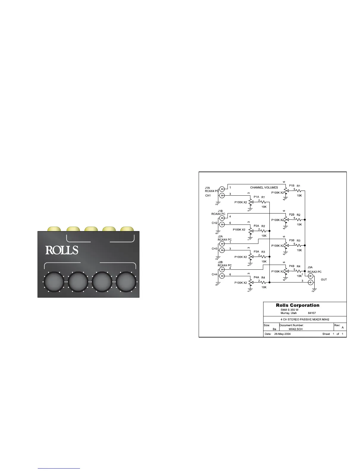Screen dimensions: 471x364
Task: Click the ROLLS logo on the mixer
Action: (62, 250)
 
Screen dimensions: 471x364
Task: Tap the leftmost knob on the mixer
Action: (54, 282)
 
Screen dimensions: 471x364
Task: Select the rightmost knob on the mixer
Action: (126, 282)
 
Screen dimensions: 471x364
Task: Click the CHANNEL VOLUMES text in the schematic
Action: (264, 188)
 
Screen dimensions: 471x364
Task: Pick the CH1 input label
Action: (208, 196)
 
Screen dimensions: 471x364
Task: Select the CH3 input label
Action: (214, 249)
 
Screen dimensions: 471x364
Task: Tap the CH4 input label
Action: (214, 274)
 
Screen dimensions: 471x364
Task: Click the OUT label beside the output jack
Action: (324, 280)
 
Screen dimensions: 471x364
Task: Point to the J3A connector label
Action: (310, 267)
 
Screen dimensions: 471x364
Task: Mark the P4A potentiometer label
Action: (256, 277)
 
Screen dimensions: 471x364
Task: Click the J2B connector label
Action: (221, 262)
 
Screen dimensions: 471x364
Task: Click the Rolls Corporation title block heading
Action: (297, 305)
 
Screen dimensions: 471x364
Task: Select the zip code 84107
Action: (312, 313)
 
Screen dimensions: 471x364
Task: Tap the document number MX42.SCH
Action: (296, 329)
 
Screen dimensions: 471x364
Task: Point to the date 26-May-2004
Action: (282, 334)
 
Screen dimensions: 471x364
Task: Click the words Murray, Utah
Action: (288, 313)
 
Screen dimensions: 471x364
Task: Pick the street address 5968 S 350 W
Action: (289, 310)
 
